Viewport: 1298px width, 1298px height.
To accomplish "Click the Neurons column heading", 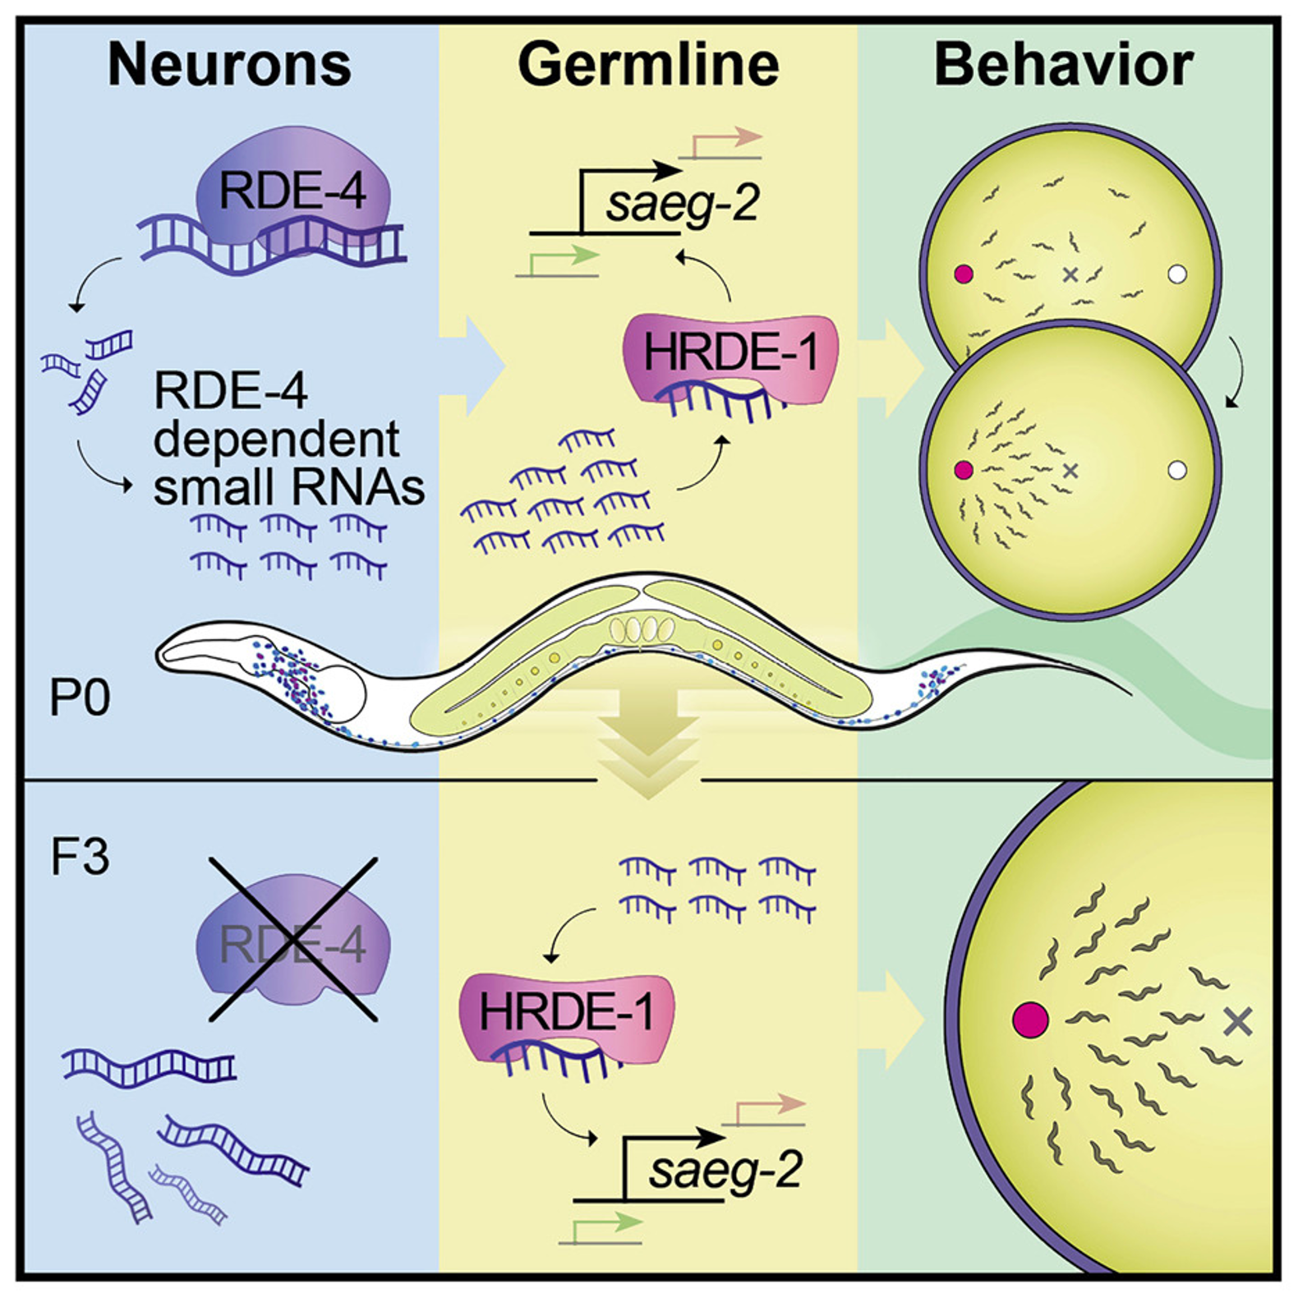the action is pyautogui.click(x=229, y=65).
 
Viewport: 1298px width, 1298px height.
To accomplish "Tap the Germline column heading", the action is pyautogui.click(x=648, y=65).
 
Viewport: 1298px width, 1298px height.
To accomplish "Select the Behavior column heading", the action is pyautogui.click(x=1064, y=65).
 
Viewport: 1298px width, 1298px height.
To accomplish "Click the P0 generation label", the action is pyautogui.click(x=80, y=698).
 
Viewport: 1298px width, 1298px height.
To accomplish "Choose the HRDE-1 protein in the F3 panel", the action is pyautogui.click(x=567, y=1017).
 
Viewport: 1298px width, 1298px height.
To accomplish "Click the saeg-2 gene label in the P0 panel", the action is pyautogui.click(x=683, y=203).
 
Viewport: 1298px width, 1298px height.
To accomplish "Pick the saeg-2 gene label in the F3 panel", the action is pyautogui.click(x=725, y=1170).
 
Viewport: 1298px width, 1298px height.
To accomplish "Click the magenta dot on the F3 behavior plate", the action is pyautogui.click(x=1031, y=1020).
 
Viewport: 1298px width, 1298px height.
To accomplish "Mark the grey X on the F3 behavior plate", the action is pyautogui.click(x=1237, y=1021).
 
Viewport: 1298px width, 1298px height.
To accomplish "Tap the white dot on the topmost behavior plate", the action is pyautogui.click(x=1177, y=274).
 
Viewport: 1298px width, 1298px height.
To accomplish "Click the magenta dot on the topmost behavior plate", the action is pyautogui.click(x=964, y=274).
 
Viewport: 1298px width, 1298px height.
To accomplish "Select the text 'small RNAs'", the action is pyautogui.click(x=289, y=486).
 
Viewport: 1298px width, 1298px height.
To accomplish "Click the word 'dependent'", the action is pyautogui.click(x=276, y=440).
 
